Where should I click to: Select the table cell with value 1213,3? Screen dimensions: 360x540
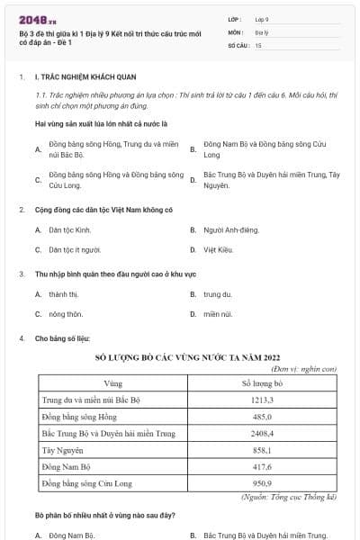pos(262,400)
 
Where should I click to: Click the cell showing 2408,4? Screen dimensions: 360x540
pos(262,434)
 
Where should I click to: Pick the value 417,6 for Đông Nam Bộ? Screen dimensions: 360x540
pos(262,467)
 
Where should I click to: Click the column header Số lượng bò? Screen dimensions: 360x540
pos(262,383)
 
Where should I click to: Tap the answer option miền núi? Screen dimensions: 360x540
pos(217,314)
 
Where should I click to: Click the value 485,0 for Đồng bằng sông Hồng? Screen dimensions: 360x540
pos(262,417)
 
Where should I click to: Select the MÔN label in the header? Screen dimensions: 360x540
pos(236,31)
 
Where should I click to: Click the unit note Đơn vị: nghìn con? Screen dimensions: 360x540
pos(302,368)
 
